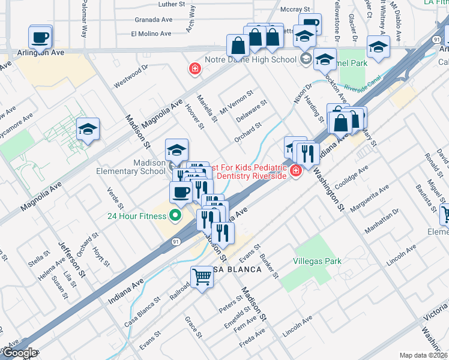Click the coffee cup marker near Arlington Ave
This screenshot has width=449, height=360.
pyautogui.click(x=40, y=37)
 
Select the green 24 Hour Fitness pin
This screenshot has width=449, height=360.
pyautogui.click(x=176, y=215)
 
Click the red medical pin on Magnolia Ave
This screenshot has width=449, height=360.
pyautogui.click(x=194, y=70)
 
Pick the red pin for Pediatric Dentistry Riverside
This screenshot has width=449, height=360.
pyautogui.click(x=295, y=172)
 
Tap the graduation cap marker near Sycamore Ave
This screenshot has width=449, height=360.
pyautogui.click(x=88, y=130)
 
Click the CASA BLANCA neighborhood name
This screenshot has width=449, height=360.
pyautogui.click(x=235, y=269)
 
